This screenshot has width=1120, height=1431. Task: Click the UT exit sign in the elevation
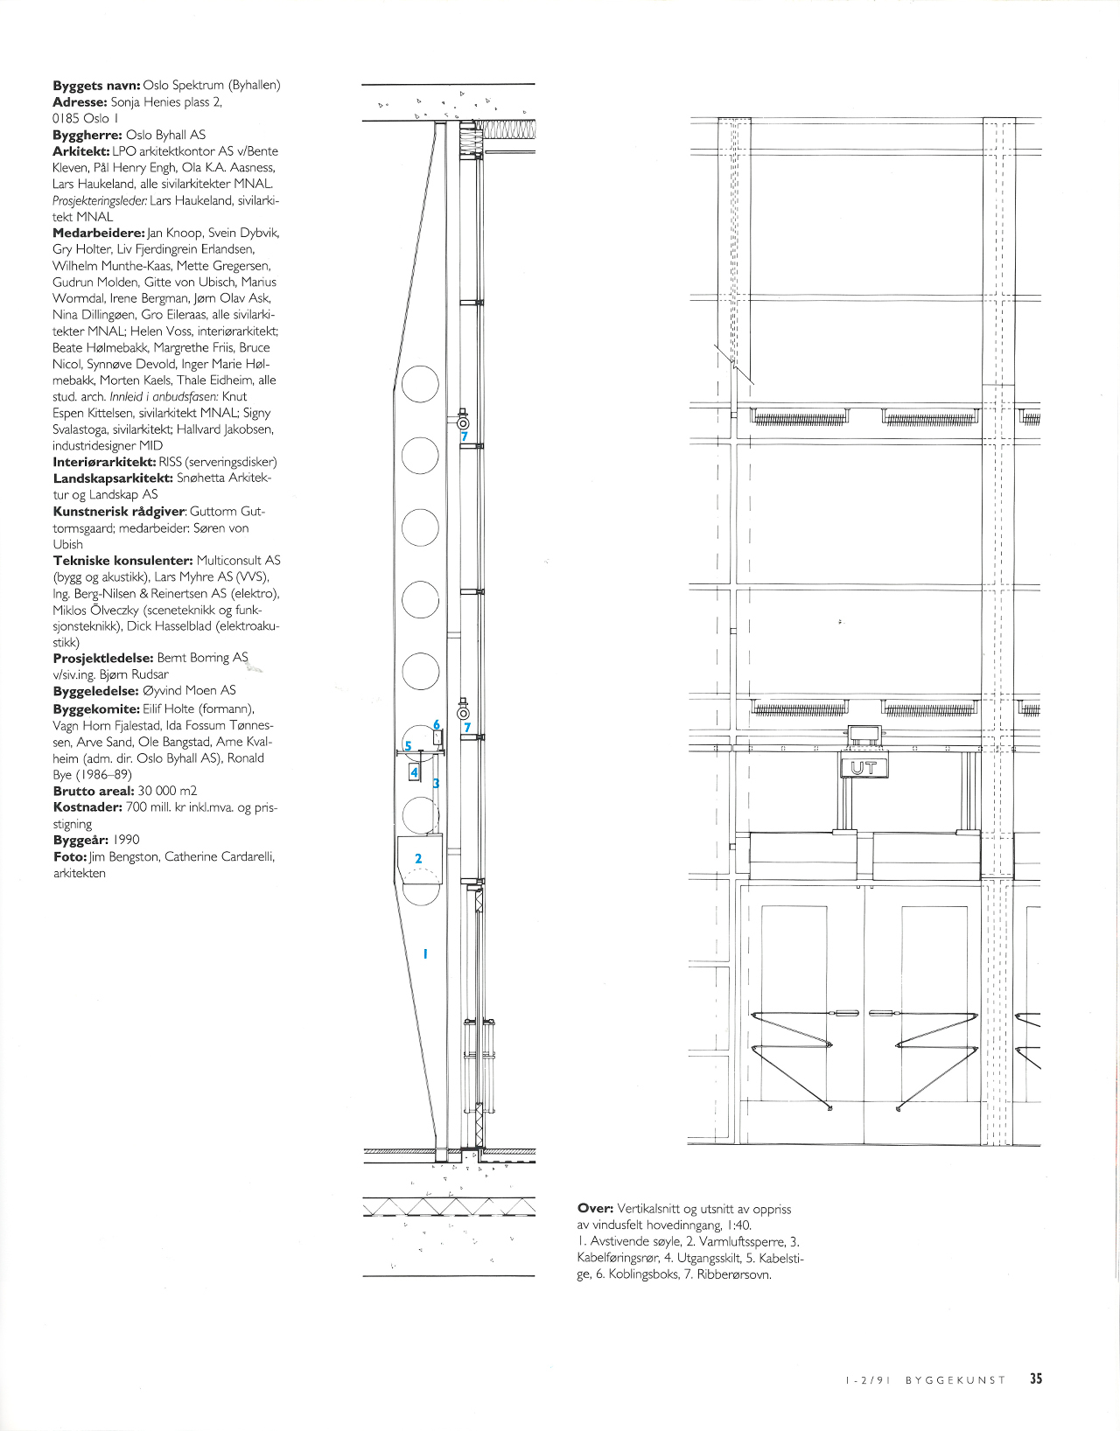(864, 769)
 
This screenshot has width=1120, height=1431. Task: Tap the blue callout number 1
(425, 953)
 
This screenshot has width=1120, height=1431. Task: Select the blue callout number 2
(418, 859)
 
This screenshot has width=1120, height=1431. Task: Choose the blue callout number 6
(437, 725)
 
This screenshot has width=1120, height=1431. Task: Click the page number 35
(1036, 1379)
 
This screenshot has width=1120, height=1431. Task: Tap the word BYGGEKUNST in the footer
(955, 1379)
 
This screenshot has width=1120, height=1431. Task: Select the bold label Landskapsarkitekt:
(113, 478)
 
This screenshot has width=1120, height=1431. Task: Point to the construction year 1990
(126, 840)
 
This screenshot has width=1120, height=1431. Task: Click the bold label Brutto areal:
(94, 791)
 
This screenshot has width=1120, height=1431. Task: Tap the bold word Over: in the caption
(595, 1209)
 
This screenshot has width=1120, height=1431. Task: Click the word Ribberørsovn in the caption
(734, 1274)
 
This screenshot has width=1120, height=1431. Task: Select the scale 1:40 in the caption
(737, 1225)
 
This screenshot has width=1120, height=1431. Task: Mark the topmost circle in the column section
(420, 384)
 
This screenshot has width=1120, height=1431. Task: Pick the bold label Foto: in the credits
(70, 856)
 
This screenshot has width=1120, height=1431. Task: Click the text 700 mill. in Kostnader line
(153, 807)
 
